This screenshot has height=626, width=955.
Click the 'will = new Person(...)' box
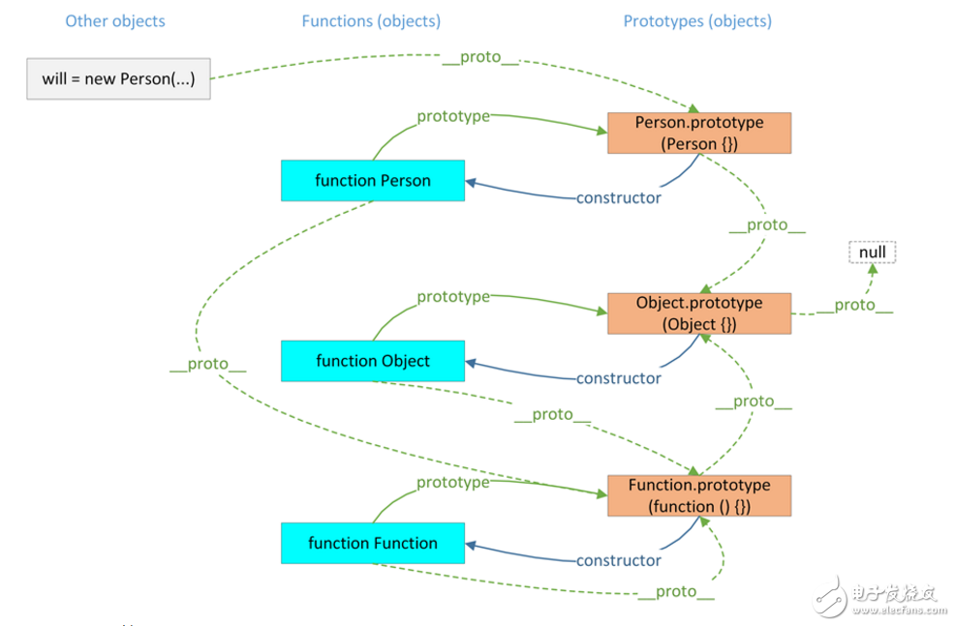pyautogui.click(x=118, y=79)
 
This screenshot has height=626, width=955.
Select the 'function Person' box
pyautogui.click(x=373, y=181)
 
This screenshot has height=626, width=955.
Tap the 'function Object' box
pyautogui.click(x=373, y=361)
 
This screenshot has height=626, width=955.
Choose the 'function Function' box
pyautogui.click(x=373, y=544)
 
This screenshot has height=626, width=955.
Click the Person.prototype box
pyautogui.click(x=699, y=134)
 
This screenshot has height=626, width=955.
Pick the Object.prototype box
pyautogui.click(x=699, y=313)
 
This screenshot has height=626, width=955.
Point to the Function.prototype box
pyautogui.click(x=699, y=495)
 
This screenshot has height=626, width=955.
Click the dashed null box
pyautogui.click(x=873, y=253)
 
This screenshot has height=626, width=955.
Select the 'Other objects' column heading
pyautogui.click(x=115, y=20)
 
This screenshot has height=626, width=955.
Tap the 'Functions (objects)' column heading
pyautogui.click(x=371, y=20)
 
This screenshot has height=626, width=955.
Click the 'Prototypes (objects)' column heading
pyautogui.click(x=697, y=20)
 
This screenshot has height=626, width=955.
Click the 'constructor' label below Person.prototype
pyautogui.click(x=619, y=198)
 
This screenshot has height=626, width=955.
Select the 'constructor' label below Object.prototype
pyautogui.click(x=619, y=378)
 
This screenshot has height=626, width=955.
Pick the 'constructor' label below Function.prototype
pyautogui.click(x=619, y=561)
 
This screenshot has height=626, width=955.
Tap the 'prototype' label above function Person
pyautogui.click(x=453, y=117)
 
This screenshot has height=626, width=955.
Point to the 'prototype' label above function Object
pyautogui.click(x=453, y=297)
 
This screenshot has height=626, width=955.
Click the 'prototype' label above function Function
pyautogui.click(x=453, y=482)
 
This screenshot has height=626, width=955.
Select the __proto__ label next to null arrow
pyautogui.click(x=854, y=305)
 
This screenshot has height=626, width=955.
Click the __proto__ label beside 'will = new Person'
pyautogui.click(x=480, y=57)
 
